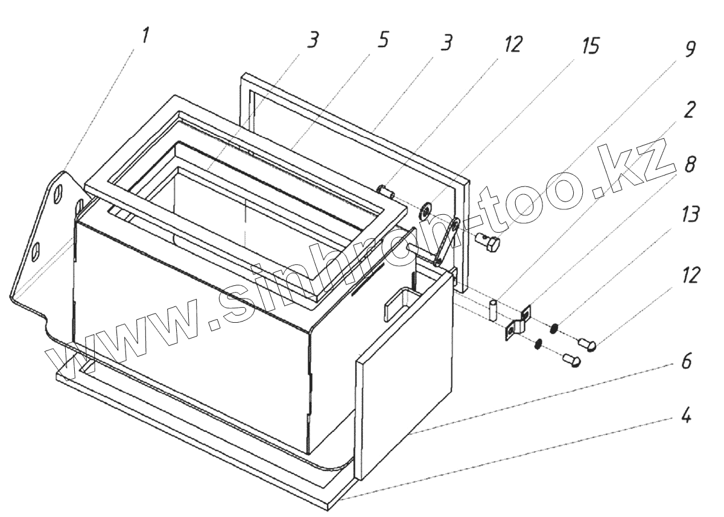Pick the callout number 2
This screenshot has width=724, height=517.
(689, 111)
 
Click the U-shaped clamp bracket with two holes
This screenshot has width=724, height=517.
(517, 322)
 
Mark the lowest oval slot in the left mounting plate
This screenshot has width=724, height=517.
(37, 250)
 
